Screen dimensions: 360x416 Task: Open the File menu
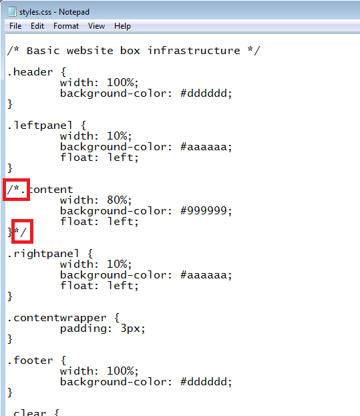(x=15, y=26)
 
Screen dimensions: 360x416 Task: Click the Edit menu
(x=37, y=26)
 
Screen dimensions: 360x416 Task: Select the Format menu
(x=66, y=26)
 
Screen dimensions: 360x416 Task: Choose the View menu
(x=97, y=26)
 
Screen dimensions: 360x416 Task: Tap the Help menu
(x=123, y=26)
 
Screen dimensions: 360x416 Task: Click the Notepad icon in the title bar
(x=12, y=11)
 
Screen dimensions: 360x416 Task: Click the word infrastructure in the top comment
(x=194, y=50)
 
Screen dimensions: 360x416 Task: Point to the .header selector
(x=30, y=72)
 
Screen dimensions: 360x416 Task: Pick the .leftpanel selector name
(x=40, y=126)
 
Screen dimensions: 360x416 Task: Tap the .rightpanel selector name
(x=43, y=254)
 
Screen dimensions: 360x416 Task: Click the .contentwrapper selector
(x=57, y=318)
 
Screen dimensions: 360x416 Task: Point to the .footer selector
(x=30, y=361)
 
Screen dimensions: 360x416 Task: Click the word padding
(x=83, y=329)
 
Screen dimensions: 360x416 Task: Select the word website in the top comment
(x=90, y=50)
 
